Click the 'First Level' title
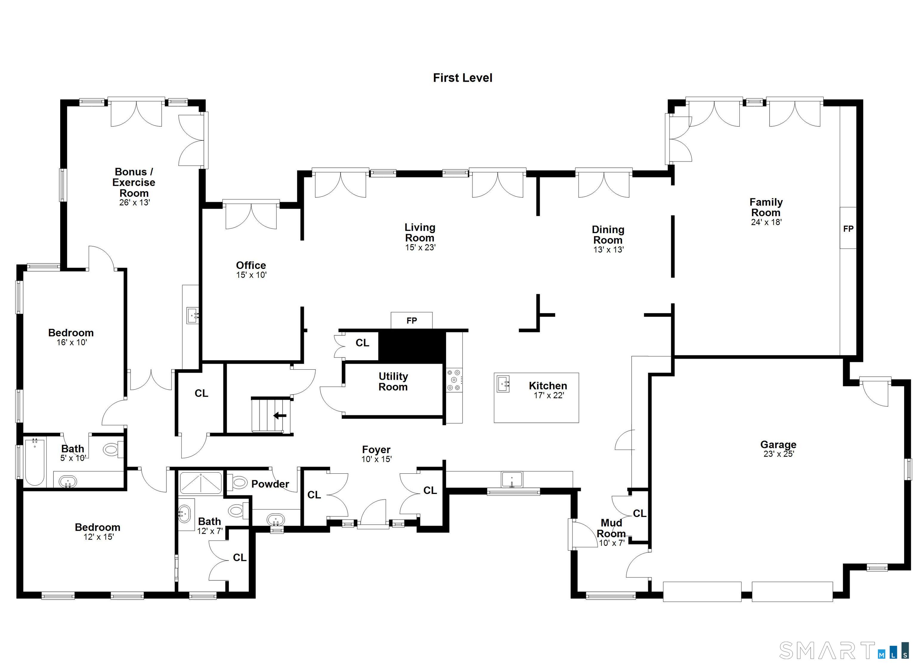point(462,78)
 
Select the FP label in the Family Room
point(848,229)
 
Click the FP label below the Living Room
point(411,321)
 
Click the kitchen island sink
point(503,384)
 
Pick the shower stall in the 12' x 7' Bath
point(201,483)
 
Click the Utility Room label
point(393,382)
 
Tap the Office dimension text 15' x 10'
point(251,275)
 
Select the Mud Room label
point(611,528)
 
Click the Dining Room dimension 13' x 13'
point(608,250)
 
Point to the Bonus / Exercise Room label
point(134,182)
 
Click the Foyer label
point(376,450)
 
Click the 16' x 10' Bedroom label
point(71,333)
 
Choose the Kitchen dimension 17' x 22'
point(548,395)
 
